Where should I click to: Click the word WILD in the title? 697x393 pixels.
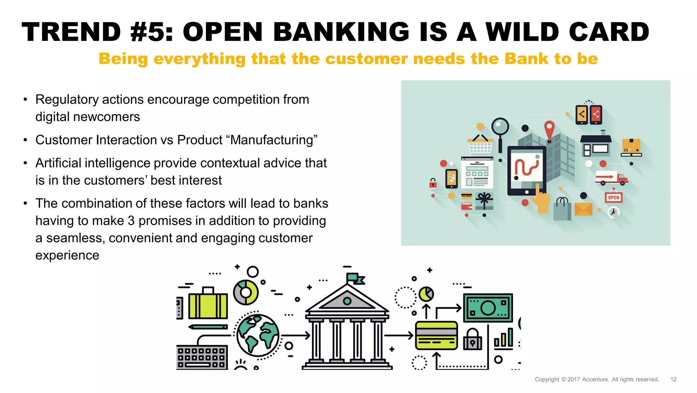click(522, 32)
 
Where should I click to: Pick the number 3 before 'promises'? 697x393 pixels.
click(131, 221)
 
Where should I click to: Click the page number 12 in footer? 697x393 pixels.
click(673, 379)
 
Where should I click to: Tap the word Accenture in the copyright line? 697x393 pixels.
click(595, 379)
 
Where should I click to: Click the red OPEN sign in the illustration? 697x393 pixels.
click(614, 197)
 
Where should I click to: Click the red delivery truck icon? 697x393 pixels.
click(611, 178)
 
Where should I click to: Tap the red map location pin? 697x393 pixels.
click(549, 130)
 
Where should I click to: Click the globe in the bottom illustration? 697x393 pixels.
click(258, 335)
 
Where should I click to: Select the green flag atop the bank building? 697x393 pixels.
click(355, 278)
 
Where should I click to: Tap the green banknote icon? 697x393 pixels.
click(488, 307)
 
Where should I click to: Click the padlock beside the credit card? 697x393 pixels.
click(472, 340)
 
